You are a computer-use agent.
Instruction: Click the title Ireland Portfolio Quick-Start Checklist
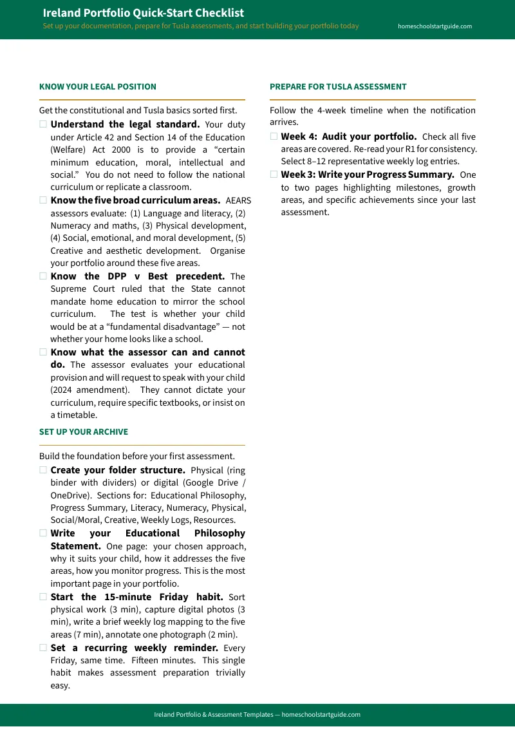point(143,13)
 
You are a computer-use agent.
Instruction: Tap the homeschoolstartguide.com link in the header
point(435,26)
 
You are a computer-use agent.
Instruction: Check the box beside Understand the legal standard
point(43,124)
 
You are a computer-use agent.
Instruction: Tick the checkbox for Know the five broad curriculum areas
point(43,200)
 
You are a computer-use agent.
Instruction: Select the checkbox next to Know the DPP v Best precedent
point(43,276)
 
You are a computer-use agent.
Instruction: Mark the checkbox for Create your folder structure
point(43,470)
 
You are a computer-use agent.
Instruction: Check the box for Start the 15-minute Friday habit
point(43,597)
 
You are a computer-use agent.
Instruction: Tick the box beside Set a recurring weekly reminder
point(43,648)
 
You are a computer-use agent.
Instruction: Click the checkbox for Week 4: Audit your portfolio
point(274,137)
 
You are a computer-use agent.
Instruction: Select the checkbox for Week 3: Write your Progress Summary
point(274,175)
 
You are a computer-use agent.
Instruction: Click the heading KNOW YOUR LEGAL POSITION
point(97,87)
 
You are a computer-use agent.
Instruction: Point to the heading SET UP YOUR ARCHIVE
point(84,432)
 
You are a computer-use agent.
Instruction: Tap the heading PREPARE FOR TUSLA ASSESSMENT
point(338,87)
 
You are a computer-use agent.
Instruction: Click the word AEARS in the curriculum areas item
point(235,201)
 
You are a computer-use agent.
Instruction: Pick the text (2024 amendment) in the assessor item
point(79,390)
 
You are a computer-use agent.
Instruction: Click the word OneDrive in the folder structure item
point(72,495)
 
